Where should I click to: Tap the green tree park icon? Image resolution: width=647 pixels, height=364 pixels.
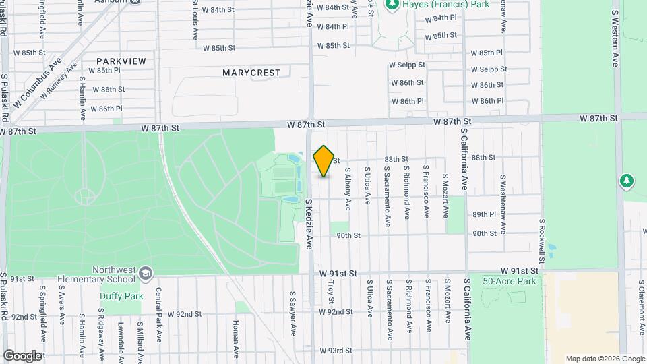[x=627, y=181]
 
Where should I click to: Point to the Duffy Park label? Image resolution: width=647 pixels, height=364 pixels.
[x=121, y=295]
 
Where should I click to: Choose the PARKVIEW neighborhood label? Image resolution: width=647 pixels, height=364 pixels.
[x=121, y=61]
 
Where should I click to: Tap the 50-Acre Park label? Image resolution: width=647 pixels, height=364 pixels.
[x=510, y=280]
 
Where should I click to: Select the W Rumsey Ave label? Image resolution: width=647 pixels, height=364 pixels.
[x=59, y=82]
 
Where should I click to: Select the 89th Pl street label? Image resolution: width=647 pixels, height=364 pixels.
[x=484, y=214]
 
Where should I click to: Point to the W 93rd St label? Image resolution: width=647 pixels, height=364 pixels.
[x=336, y=351]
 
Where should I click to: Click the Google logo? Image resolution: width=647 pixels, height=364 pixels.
[x=22, y=355]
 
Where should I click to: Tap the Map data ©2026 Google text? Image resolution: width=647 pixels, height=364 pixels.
[x=605, y=359]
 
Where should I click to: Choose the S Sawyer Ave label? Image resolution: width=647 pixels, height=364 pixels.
[x=293, y=313]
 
